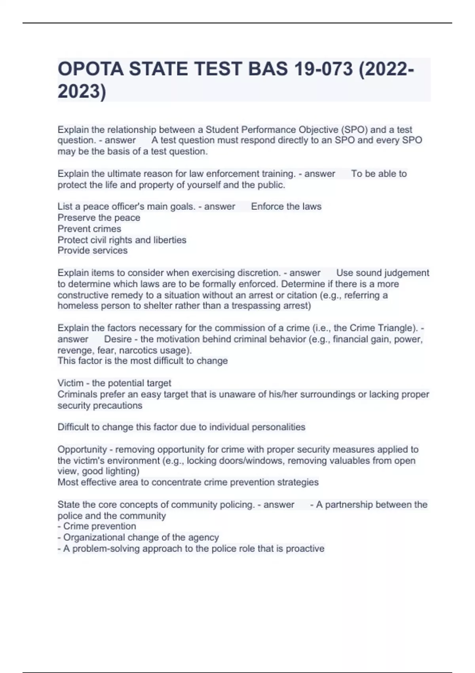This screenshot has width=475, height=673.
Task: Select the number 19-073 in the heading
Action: [x=323, y=69]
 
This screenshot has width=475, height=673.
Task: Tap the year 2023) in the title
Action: [x=82, y=91]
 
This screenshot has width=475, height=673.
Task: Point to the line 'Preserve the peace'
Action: [x=99, y=218]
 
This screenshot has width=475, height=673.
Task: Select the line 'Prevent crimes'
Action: [x=89, y=229]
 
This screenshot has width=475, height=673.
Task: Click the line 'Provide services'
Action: [x=93, y=251]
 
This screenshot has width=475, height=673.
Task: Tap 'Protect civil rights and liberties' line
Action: [x=122, y=240]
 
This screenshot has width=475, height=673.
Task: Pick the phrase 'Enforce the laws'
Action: [x=286, y=207]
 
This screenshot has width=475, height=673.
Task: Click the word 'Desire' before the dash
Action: [x=118, y=339]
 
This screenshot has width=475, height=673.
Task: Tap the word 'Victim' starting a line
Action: [x=70, y=383]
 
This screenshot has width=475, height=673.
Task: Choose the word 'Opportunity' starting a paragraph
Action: [x=82, y=450]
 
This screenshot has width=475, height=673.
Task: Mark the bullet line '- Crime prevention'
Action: [x=97, y=527]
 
